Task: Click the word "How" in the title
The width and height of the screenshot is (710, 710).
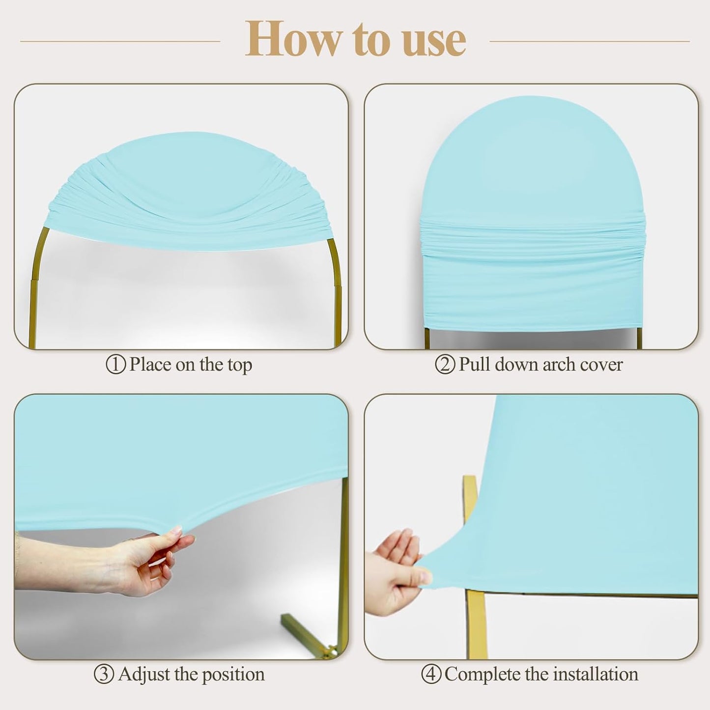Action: pyautogui.click(x=292, y=39)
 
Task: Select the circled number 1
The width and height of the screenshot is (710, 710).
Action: pyautogui.click(x=115, y=365)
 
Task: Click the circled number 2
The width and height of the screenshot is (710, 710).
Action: pyautogui.click(x=445, y=365)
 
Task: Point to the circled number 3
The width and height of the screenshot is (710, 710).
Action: pyautogui.click(x=104, y=675)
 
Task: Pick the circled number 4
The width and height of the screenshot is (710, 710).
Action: pyautogui.click(x=431, y=675)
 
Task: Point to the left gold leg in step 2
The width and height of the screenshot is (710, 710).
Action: pyautogui.click(x=428, y=338)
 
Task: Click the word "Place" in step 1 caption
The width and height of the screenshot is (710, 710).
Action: pyautogui.click(x=150, y=365)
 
